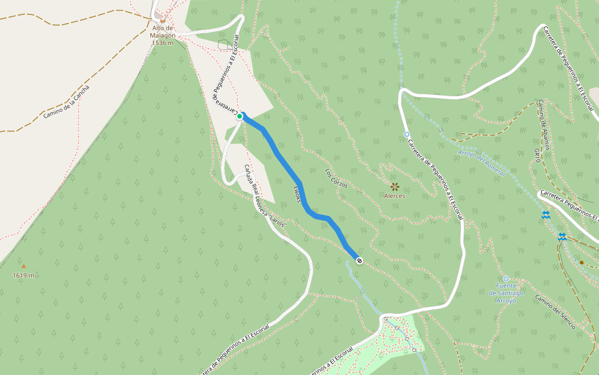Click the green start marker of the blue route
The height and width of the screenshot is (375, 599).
coord(240,116)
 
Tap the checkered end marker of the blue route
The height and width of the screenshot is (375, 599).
coord(359,260)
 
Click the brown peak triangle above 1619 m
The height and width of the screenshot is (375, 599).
coord(24,266)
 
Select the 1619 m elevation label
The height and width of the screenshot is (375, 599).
coord(23,275)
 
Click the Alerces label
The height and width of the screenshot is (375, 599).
coord(394,196)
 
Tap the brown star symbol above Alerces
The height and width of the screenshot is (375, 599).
coord(394,186)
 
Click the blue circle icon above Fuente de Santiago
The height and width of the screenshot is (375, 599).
coord(506,279)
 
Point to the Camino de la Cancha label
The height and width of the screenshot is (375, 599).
coord(67,102)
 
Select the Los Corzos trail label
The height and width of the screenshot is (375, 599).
coord(336,178)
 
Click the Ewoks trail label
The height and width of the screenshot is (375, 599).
coord(297,194)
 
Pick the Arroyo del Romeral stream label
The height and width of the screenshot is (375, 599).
coord(482,162)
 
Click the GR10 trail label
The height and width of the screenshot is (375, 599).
coord(537,156)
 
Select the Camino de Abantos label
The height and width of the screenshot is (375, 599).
coord(544,124)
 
